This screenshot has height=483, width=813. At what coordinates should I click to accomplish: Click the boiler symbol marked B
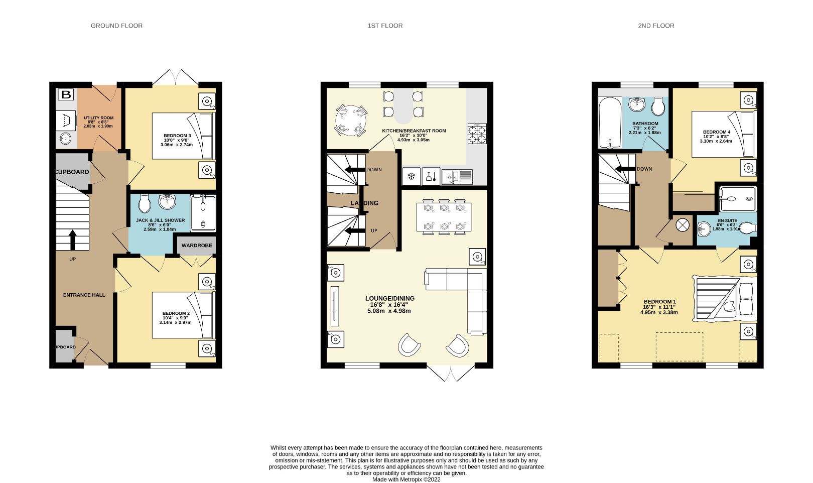[65, 94]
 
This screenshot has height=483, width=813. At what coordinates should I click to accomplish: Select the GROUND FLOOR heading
[116, 26]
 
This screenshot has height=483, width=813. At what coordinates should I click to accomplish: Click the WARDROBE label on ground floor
[196, 246]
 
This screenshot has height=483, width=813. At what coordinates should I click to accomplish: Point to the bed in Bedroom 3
[183, 136]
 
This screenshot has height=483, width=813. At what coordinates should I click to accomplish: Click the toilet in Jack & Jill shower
[145, 204]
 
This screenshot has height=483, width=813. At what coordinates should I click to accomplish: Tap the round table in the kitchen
[350, 120]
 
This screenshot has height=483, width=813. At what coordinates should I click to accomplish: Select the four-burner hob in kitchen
[477, 134]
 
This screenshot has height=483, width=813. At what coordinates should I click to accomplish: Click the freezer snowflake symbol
[411, 176]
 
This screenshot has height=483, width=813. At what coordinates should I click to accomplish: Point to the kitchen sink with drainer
[457, 176]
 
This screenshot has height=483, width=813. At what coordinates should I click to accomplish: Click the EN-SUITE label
[727, 220]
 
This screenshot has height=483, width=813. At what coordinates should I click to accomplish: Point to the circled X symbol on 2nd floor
[683, 225]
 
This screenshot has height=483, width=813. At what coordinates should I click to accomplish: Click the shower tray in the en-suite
[737, 199]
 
